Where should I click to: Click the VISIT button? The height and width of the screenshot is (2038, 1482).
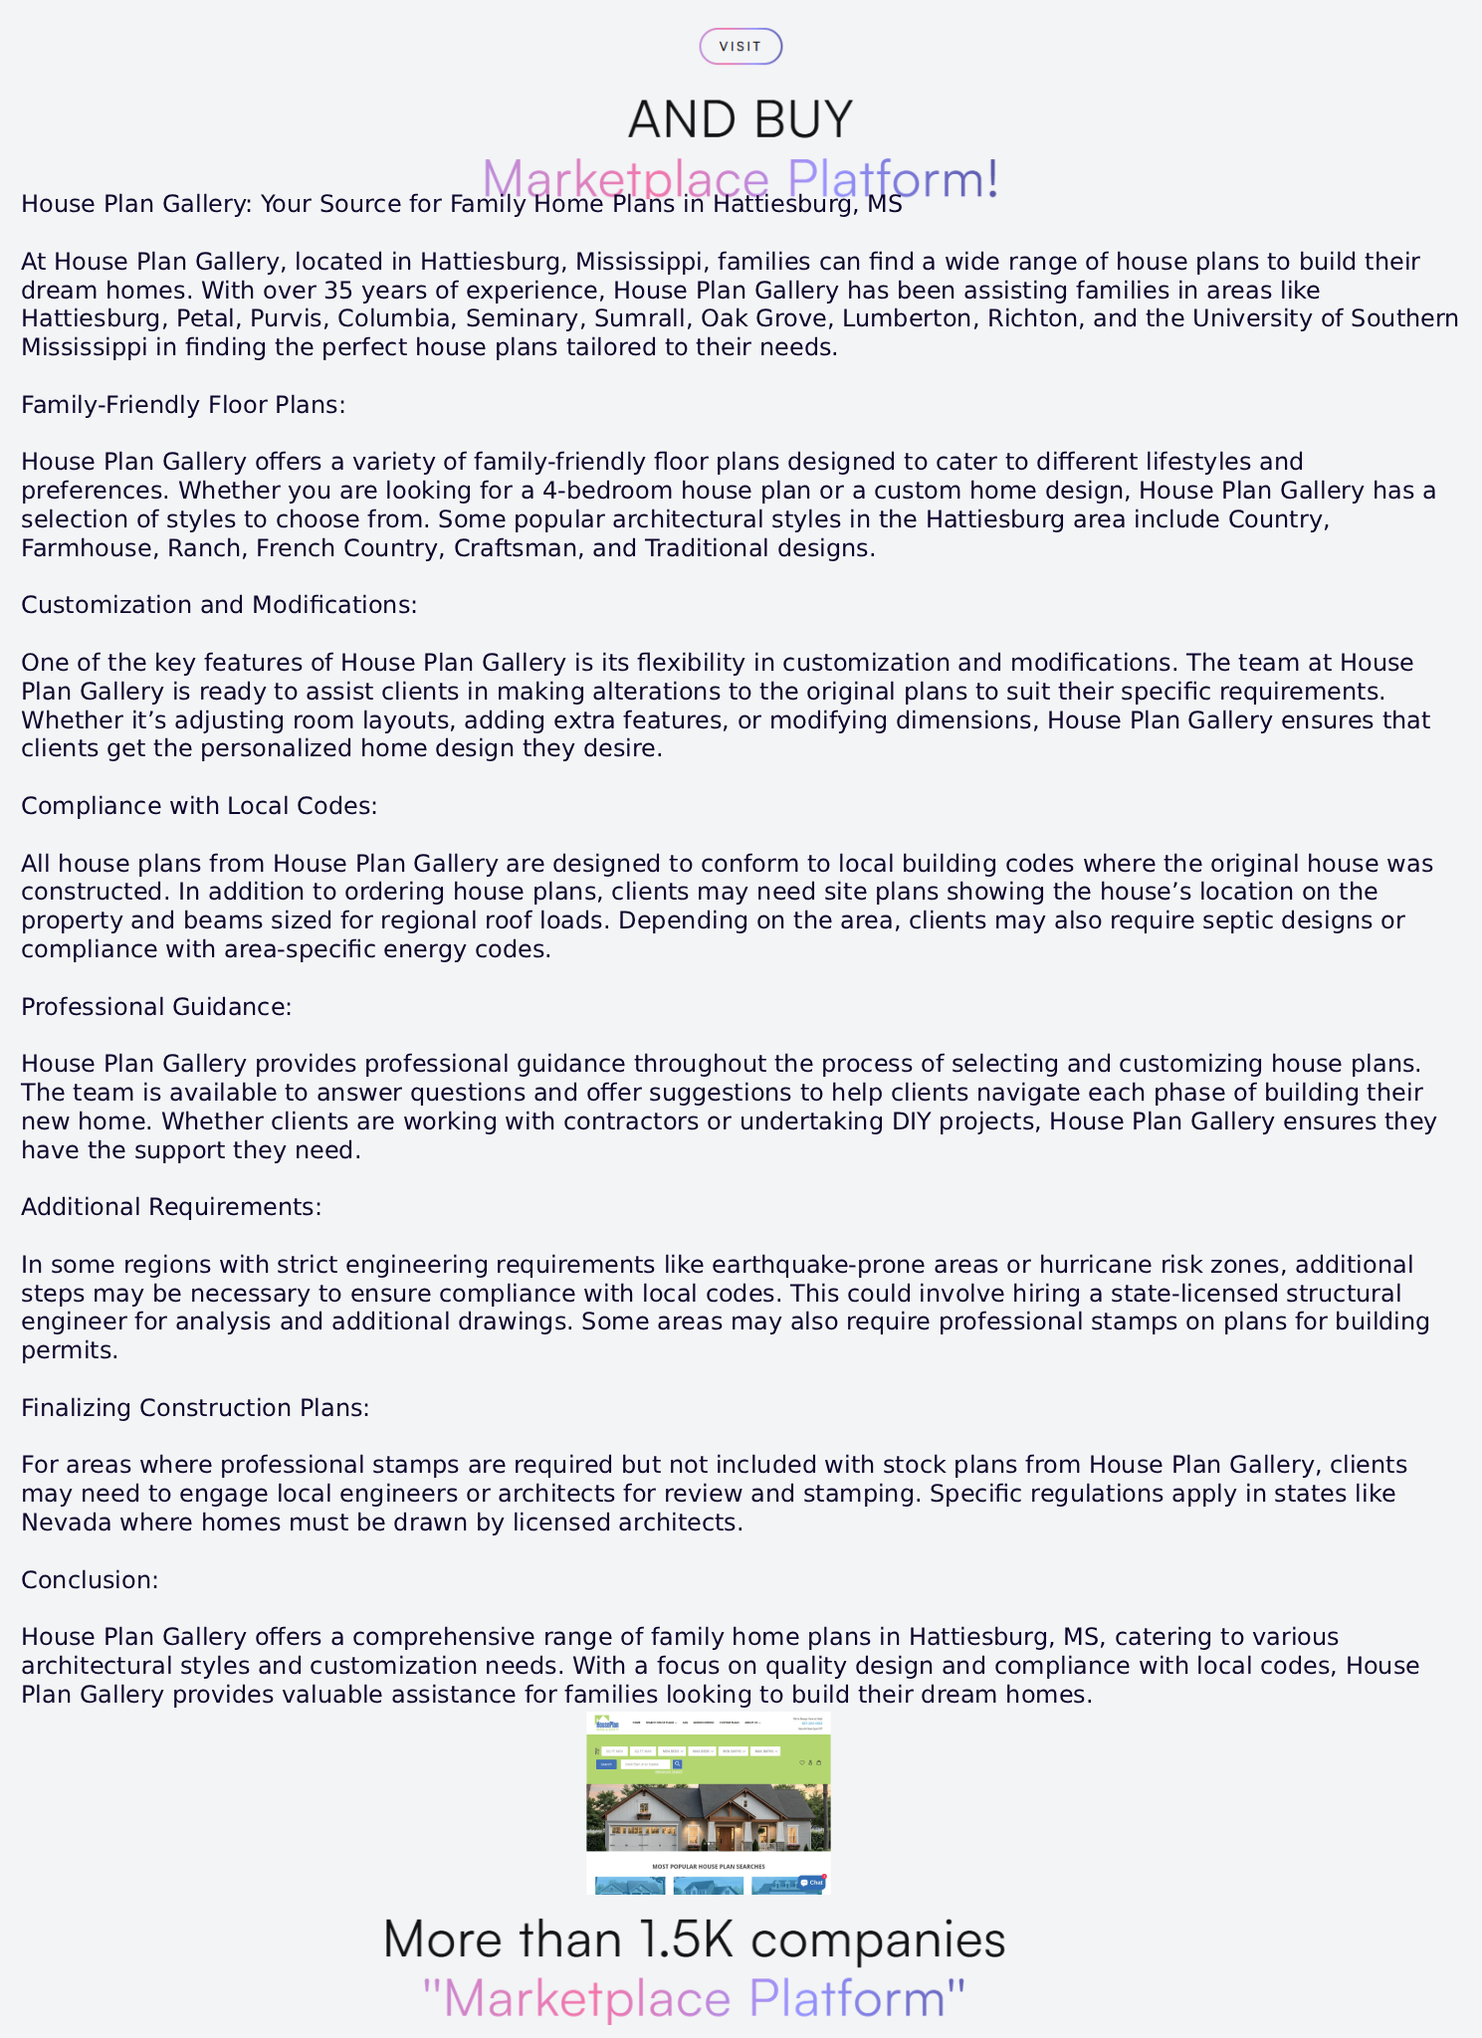[x=741, y=47]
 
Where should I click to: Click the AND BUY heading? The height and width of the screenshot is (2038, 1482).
[x=741, y=119]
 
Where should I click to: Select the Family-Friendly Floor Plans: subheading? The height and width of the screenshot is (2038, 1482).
[x=183, y=405]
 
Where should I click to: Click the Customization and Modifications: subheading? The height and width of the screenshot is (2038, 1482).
[x=219, y=605]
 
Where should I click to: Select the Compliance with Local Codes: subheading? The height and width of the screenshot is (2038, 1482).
[x=199, y=806]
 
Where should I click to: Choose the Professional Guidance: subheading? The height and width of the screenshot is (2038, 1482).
[x=156, y=1007]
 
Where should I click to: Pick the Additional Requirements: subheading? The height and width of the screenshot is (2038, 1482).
[x=171, y=1207]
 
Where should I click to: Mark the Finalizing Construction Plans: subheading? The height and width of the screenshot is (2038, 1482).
[x=195, y=1408]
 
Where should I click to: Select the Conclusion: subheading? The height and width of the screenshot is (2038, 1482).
[x=90, y=1580]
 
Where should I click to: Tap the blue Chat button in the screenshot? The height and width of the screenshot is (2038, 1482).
[x=811, y=1883]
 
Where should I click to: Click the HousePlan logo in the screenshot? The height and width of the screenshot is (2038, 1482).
[x=606, y=1724]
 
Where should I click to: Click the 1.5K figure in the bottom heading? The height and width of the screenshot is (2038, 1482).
[x=687, y=1939]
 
